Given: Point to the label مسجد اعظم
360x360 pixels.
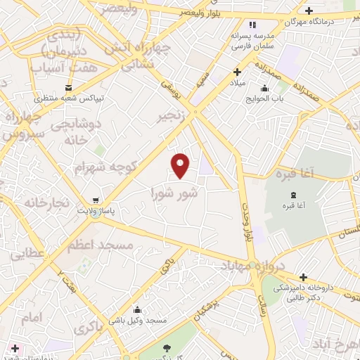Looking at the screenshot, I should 100,245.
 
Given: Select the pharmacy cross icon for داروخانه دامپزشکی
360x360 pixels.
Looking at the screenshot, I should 303,277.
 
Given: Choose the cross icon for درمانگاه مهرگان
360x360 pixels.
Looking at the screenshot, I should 309,11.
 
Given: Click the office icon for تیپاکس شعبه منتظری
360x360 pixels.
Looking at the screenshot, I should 68,87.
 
